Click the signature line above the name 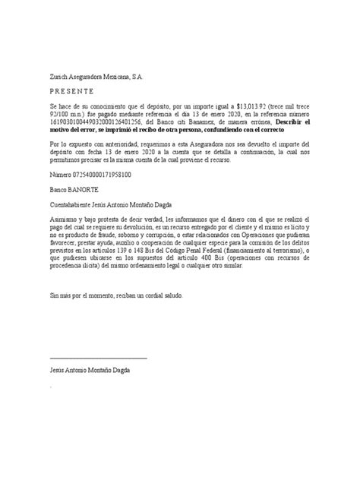(x=98, y=357)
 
